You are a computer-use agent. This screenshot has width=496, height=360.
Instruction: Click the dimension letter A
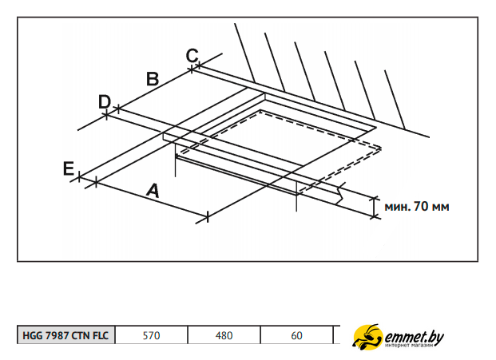click(x=153, y=190)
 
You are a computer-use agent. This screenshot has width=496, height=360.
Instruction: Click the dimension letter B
click(x=153, y=79)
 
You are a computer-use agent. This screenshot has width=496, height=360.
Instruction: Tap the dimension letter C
click(x=192, y=56)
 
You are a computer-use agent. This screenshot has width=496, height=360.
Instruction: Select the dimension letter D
click(x=105, y=102)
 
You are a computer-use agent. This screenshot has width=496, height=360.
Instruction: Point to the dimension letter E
click(x=69, y=168)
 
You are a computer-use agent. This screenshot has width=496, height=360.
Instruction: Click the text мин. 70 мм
click(x=417, y=207)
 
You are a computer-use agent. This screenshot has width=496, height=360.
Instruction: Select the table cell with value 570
click(x=151, y=335)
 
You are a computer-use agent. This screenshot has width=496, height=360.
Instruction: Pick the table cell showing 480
click(x=224, y=335)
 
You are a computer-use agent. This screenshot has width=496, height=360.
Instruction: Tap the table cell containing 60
click(x=296, y=335)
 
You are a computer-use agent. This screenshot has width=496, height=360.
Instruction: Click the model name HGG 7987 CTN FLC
click(x=65, y=335)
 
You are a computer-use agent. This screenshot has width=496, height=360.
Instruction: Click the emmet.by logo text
click(x=414, y=337)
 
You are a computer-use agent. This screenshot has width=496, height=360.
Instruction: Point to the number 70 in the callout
click(x=421, y=206)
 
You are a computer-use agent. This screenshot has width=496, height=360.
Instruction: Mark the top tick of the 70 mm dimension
click(x=375, y=198)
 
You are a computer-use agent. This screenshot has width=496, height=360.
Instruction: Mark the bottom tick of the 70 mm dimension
click(x=375, y=217)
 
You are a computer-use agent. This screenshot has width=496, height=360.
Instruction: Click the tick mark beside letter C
click(x=199, y=65)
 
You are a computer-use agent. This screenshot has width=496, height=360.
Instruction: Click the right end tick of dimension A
click(x=207, y=217)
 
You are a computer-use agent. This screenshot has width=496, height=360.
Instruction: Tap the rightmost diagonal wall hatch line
click(x=395, y=100)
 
